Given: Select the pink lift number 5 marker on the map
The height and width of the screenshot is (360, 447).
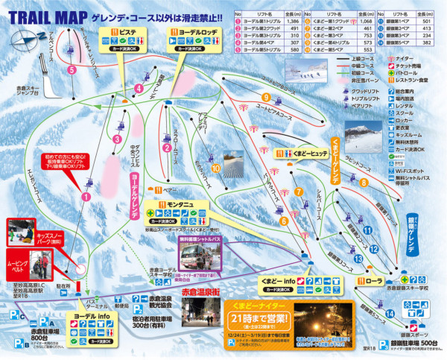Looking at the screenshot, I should click(72, 69).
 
